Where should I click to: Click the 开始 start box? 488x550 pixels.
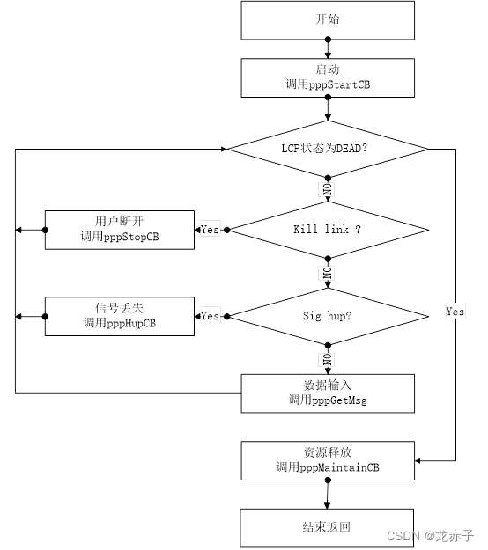tap(328, 20)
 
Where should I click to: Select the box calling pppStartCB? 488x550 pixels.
tap(328, 77)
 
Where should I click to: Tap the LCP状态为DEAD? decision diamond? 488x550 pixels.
tap(328, 149)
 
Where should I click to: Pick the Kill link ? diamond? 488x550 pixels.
tap(328, 230)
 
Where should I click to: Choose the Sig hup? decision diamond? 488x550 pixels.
tap(328, 317)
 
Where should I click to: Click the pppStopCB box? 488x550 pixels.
tap(120, 230)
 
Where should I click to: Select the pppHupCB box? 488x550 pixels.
tap(120, 317)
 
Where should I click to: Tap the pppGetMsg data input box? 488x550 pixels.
tap(328, 393)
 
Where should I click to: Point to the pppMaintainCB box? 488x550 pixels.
tap(328, 460)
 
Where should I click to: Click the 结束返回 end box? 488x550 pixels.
tap(327, 528)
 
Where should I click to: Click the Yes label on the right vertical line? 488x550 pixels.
tap(455, 312)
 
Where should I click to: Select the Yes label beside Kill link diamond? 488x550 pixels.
tap(211, 230)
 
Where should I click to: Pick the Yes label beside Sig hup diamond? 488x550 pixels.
tap(211, 316)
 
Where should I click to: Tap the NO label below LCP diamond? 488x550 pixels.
tap(328, 189)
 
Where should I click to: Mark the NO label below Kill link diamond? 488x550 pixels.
tap(328, 273)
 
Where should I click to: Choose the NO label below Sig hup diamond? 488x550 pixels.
tap(328, 360)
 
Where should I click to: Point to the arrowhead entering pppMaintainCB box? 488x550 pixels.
tap(418, 460)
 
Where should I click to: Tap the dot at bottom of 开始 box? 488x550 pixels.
tap(328, 40)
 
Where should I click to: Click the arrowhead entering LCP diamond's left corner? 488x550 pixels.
tap(224, 149)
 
